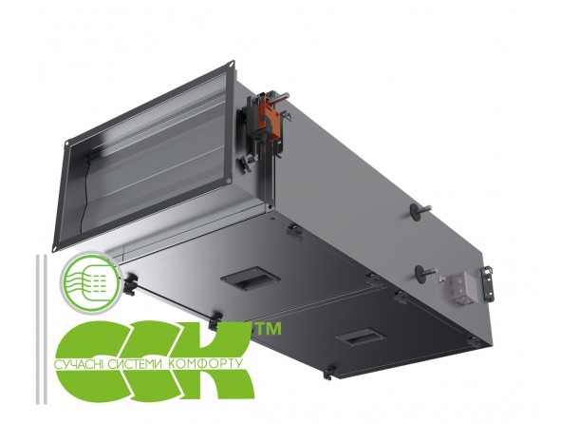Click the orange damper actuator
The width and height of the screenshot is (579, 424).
(x=265, y=116)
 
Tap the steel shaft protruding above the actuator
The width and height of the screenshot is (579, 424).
(x=278, y=98)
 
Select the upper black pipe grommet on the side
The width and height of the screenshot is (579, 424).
(x=419, y=211)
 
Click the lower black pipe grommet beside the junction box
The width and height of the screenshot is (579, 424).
(x=422, y=273)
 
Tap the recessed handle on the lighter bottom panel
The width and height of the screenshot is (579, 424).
(x=250, y=278)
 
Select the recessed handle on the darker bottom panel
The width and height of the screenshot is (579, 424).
(x=361, y=336)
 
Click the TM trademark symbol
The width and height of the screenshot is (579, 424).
(x=269, y=329)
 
